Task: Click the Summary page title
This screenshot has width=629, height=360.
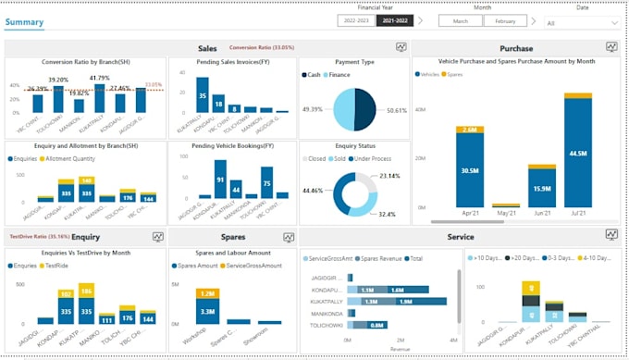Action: coord(24,20)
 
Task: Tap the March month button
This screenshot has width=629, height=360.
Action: coord(459,20)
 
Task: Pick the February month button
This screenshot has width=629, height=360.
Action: coord(505,20)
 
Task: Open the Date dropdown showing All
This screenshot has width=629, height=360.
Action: coord(582,23)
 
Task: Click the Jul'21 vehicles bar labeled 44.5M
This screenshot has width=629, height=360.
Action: coord(578,153)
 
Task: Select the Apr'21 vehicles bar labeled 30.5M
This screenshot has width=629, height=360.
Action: coord(469,170)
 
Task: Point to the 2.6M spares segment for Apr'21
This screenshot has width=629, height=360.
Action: coord(469,130)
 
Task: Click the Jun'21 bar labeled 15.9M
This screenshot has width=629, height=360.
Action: coord(542,189)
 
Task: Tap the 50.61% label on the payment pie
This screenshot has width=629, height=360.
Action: coord(397,110)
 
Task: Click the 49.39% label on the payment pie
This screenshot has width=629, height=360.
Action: coord(313,108)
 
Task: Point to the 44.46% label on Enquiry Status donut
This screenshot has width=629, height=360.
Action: coord(313,191)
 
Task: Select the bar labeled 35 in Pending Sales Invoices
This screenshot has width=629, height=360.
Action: coord(202,94)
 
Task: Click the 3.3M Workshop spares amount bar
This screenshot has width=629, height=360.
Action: coord(207,312)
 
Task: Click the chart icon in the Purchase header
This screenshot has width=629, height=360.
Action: coord(611,47)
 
